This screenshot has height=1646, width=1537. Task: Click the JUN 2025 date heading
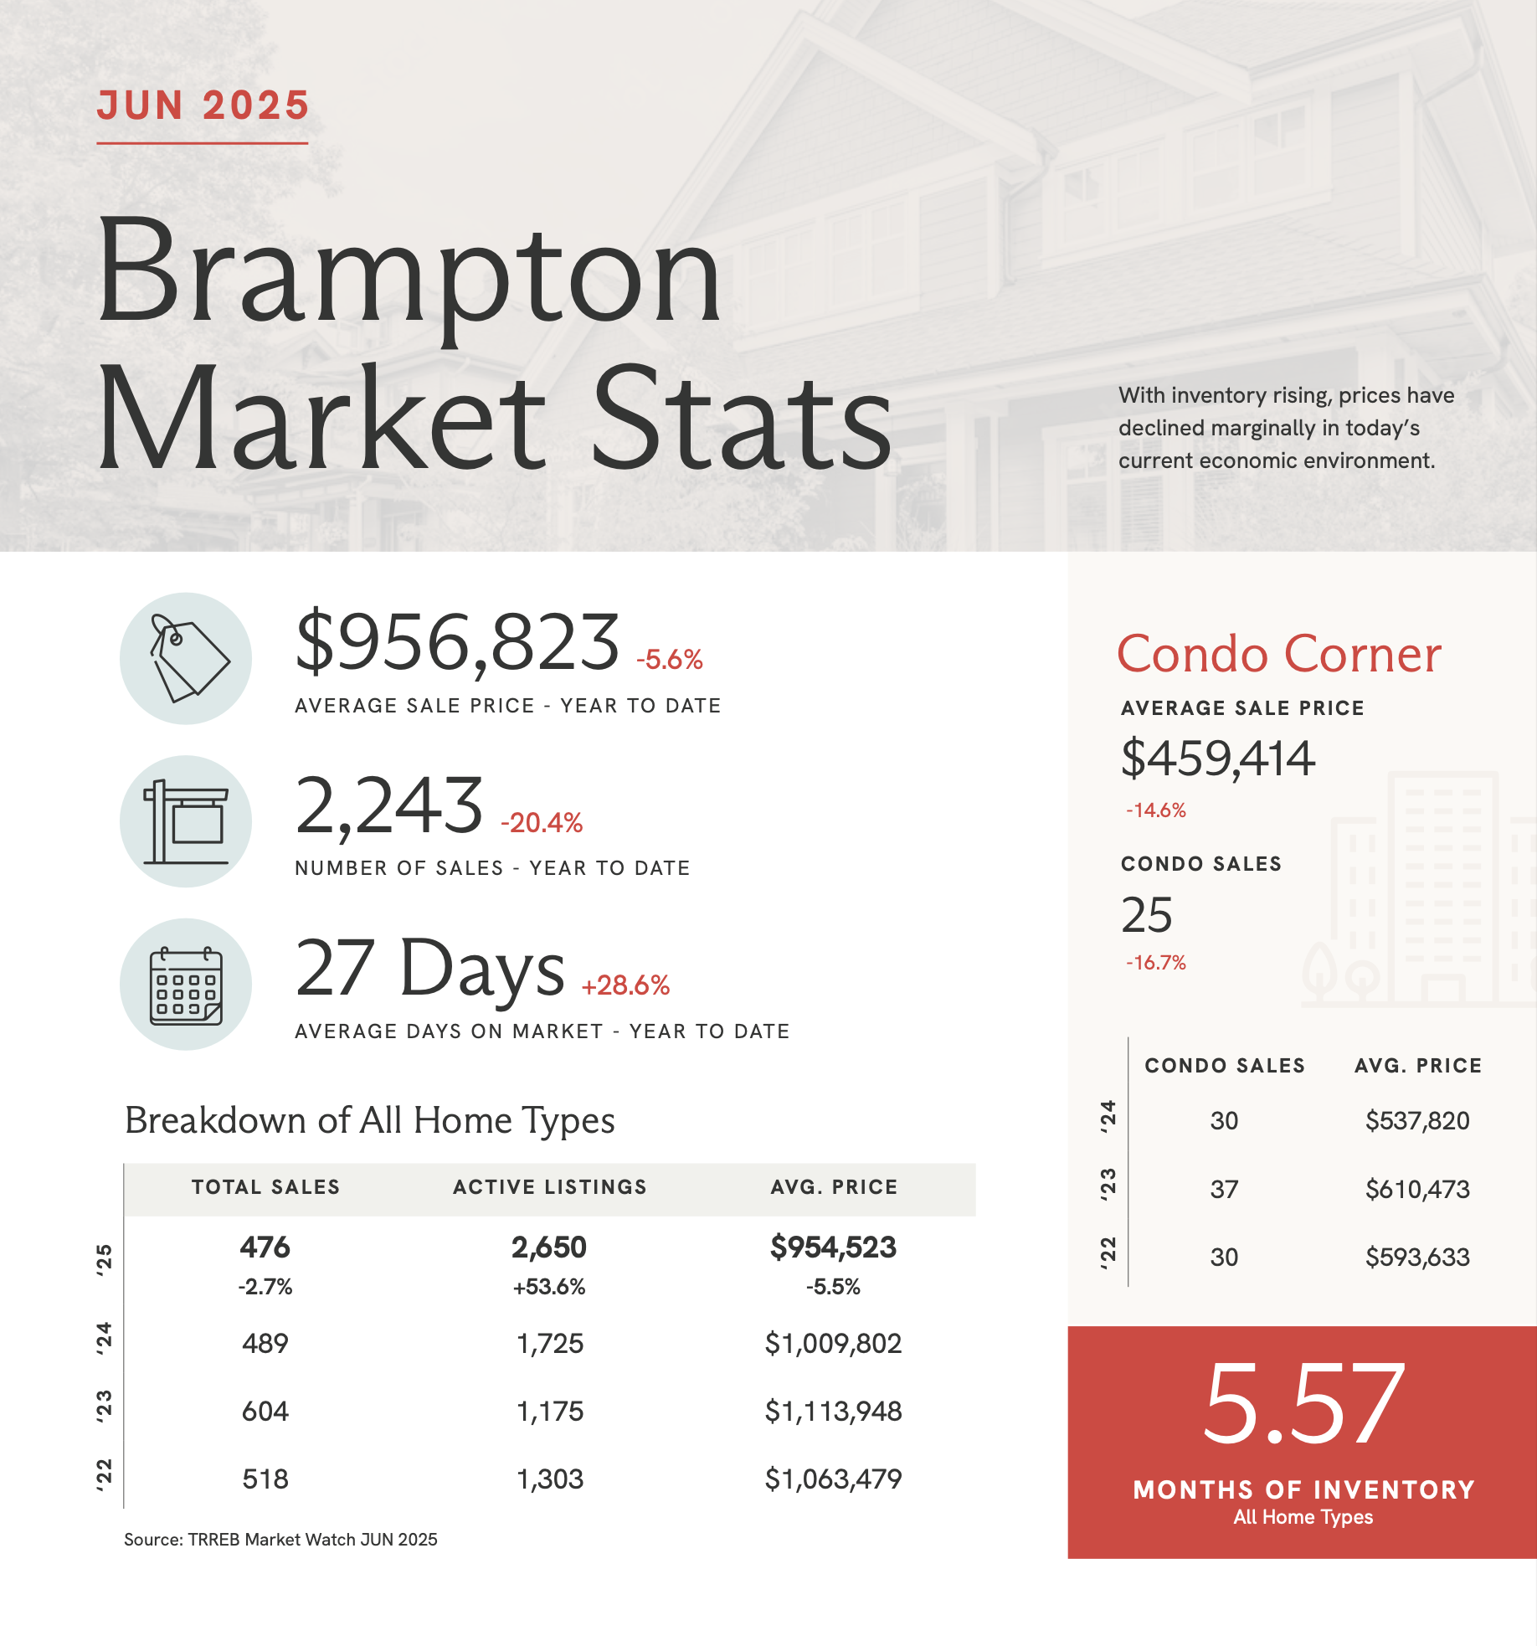[x=203, y=106]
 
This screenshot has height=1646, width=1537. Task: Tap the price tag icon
[x=186, y=659]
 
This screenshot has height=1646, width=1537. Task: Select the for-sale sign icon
[x=186, y=821]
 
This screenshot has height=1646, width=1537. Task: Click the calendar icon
[x=186, y=985]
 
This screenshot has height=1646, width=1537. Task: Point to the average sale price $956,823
[x=457, y=643]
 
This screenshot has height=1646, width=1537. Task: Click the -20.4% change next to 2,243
[x=542, y=823]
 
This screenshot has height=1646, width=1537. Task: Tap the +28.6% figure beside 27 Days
[x=625, y=985]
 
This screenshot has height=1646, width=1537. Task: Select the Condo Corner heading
[x=1278, y=654]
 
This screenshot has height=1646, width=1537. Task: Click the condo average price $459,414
[x=1217, y=759]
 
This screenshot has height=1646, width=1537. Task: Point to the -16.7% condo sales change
[x=1156, y=963]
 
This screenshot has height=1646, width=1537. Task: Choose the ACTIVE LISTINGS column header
[x=550, y=1187]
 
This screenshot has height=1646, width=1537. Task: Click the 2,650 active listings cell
[x=549, y=1247]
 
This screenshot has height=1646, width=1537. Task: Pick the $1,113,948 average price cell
[x=833, y=1412]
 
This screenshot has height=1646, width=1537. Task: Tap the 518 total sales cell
[x=265, y=1479]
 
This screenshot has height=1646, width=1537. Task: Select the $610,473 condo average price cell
[x=1417, y=1189]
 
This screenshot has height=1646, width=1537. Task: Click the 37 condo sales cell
[x=1224, y=1189]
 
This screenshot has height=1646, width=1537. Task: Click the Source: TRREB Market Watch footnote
[x=280, y=1540]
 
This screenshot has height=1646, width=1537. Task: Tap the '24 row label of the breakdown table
[x=104, y=1339]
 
